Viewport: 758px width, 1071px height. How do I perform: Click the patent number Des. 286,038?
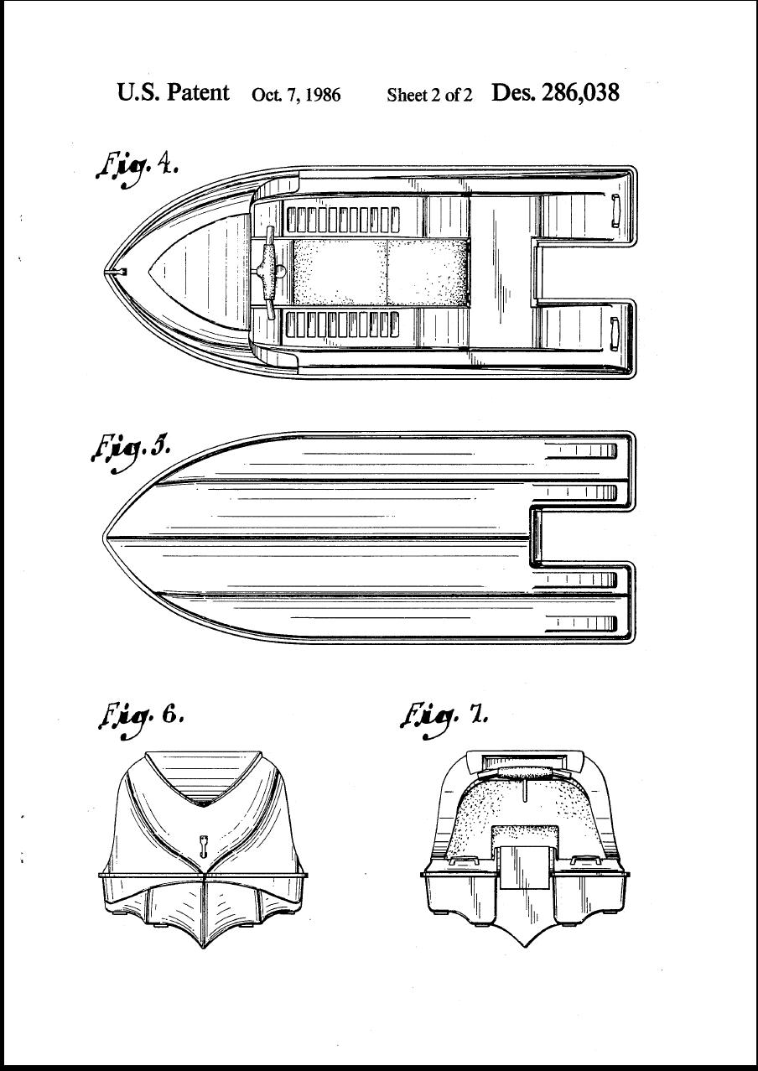(555, 93)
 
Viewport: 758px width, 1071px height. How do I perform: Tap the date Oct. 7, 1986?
(296, 95)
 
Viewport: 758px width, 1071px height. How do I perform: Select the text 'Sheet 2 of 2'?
(429, 95)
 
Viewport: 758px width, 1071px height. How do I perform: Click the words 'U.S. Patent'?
(173, 92)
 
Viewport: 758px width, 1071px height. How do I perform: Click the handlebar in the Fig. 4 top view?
(269, 273)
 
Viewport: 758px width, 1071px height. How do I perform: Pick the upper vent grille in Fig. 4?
(343, 220)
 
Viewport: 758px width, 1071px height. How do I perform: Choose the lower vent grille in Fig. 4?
(343, 325)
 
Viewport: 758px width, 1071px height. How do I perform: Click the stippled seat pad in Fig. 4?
(380, 272)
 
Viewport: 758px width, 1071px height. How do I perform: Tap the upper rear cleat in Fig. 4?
(615, 210)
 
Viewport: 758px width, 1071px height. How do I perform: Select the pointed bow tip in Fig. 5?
(104, 537)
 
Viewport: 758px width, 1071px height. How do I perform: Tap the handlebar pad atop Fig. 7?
(525, 774)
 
